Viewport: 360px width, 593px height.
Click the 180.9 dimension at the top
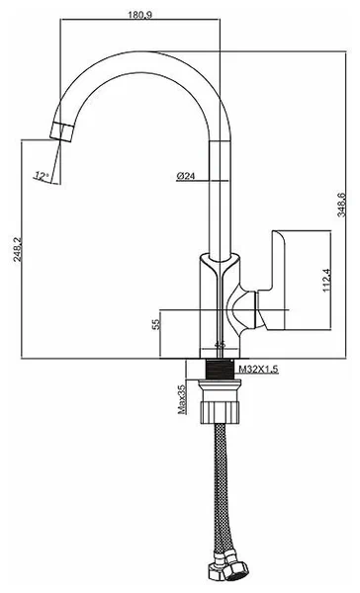(140, 15)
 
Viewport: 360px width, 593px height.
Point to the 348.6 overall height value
(341, 205)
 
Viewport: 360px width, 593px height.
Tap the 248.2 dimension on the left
(18, 250)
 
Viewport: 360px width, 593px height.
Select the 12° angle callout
(42, 176)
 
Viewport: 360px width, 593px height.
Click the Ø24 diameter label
(186, 176)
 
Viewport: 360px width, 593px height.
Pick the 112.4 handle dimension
(327, 281)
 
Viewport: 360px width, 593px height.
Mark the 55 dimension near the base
(156, 324)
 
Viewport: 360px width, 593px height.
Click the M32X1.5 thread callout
(258, 369)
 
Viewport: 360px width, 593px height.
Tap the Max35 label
(182, 399)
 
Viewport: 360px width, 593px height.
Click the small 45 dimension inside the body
(220, 344)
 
